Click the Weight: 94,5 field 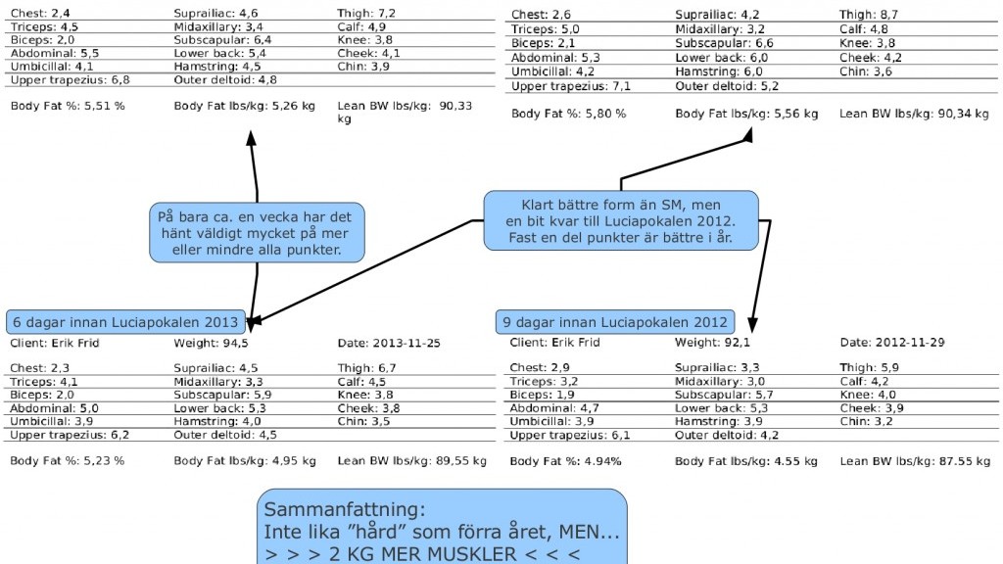click(212, 344)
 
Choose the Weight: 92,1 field click(713, 343)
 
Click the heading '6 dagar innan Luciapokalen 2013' click(125, 322)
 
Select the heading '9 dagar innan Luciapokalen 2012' click(615, 322)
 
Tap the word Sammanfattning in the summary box click(344, 509)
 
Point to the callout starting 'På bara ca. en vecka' click(258, 233)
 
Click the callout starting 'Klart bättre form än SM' click(621, 220)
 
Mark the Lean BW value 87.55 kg click(964, 461)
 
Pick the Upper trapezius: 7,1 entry click(571, 86)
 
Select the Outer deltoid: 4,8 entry click(226, 80)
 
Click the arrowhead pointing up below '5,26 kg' click(252, 139)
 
